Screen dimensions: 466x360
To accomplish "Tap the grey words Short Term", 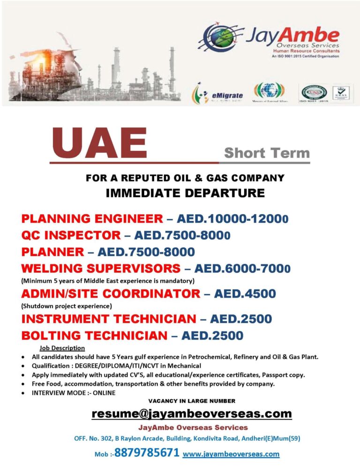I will (267, 153).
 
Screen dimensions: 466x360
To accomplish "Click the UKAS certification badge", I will (339, 93).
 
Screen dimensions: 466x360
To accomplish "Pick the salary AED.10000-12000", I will (232, 218).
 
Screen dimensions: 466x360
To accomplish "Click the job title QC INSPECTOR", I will (71, 235).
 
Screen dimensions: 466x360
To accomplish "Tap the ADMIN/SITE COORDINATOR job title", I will (111, 294).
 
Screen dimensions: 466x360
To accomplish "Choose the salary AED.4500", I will (245, 294).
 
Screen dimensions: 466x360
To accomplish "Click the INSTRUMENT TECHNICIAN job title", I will (109, 319).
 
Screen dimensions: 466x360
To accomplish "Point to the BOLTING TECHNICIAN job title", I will (94, 336).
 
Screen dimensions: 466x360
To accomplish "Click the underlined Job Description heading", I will (62, 348).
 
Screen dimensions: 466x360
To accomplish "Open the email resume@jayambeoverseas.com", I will (192, 414).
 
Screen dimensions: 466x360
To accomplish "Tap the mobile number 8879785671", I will (147, 453).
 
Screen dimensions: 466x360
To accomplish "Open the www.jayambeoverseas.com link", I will (231, 454).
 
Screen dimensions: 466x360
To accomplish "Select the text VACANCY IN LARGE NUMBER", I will (192, 401).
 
